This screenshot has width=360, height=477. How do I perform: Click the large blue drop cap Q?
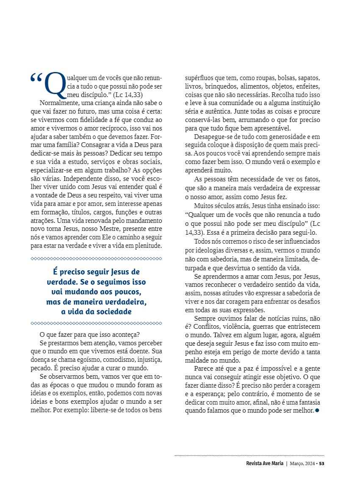point(55,84)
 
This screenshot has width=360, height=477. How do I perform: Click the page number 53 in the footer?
point(322,463)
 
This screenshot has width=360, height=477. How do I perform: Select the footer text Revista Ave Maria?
point(265,463)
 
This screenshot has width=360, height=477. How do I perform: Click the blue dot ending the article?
point(317,410)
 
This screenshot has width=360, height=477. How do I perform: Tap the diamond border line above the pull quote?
point(97,258)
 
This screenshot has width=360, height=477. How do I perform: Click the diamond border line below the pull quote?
point(97,323)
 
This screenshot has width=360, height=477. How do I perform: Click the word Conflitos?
point(200,327)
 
